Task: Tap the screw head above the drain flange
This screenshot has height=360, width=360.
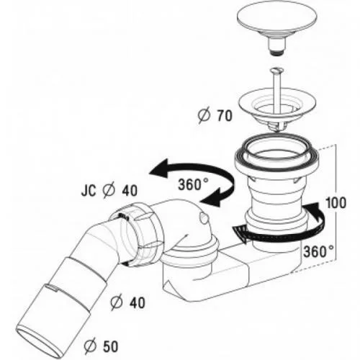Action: coord(276,71)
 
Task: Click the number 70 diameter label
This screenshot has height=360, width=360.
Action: coord(225,116)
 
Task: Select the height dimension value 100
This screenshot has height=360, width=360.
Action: coord(336,203)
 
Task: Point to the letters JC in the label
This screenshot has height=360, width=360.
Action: coord(89,191)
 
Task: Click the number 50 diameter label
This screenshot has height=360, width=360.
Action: coord(111,346)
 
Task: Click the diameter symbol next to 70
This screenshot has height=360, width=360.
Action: coord(204,115)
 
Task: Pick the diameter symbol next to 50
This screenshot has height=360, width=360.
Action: coord(91,346)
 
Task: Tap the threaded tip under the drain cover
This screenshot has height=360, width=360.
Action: coord(276,53)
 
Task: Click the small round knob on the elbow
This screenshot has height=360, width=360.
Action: coord(204,217)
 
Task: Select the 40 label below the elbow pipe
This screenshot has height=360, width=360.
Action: coord(137,303)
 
